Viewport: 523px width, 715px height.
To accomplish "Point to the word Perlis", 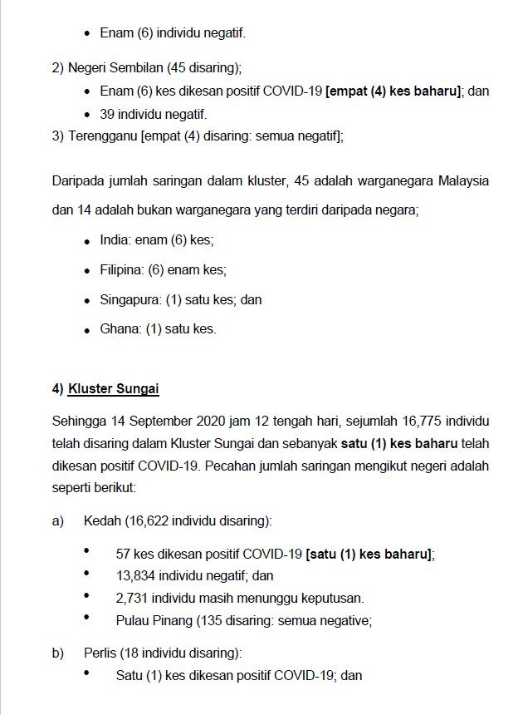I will [100, 653].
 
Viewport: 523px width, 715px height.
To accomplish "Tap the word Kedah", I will [102, 521].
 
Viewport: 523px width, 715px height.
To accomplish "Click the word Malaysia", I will [462, 180].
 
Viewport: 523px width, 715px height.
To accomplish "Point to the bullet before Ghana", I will [87, 330].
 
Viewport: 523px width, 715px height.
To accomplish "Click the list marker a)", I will [58, 521].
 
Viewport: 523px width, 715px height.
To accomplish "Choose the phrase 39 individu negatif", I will [153, 115].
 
